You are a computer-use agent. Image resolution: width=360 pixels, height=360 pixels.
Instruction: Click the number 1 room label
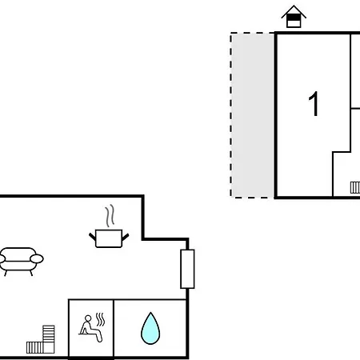click(314, 104)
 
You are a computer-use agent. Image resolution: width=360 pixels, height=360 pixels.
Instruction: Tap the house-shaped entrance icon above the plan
click(294, 17)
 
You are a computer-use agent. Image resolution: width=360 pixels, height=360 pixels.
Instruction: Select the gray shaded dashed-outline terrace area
click(252, 115)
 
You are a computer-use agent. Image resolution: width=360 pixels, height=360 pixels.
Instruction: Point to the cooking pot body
click(109, 238)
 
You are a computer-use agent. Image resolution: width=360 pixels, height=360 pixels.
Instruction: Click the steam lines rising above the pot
click(110, 216)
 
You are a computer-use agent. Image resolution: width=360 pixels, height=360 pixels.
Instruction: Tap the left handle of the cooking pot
click(92, 236)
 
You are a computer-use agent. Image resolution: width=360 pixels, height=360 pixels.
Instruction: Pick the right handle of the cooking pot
click(126, 237)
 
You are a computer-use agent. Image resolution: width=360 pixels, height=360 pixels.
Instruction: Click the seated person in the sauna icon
click(90, 328)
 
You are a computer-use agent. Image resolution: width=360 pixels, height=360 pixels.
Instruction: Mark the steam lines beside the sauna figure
click(100, 319)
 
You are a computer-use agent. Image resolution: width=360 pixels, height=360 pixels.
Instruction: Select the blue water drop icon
click(150, 328)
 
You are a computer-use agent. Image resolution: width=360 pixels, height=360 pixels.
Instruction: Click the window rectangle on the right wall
click(187, 269)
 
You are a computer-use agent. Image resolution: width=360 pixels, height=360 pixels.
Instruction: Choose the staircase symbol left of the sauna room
click(41, 339)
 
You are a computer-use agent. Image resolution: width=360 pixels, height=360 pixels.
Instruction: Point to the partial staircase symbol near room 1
click(355, 187)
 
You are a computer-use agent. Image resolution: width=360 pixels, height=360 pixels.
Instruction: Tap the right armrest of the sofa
click(37, 258)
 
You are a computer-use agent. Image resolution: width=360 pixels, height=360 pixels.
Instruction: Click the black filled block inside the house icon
click(294, 18)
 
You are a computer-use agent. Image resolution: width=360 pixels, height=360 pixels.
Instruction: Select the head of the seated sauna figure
click(88, 318)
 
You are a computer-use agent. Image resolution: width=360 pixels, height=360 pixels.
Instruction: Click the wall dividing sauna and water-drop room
click(114, 329)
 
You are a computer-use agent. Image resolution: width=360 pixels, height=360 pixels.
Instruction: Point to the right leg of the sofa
click(31, 273)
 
